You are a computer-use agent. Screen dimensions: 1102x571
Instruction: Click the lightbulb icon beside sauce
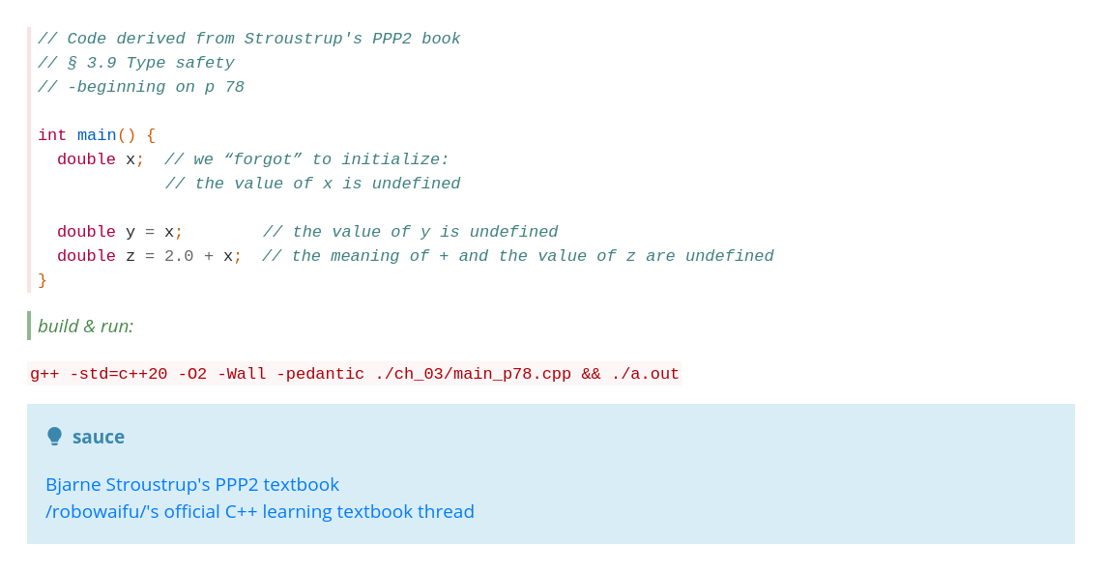click(54, 436)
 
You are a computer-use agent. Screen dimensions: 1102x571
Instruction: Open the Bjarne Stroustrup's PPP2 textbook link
click(191, 485)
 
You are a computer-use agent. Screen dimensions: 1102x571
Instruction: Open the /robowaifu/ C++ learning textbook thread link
click(259, 511)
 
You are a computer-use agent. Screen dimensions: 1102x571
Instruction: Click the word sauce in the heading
click(99, 437)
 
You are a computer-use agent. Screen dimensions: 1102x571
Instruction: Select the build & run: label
click(85, 326)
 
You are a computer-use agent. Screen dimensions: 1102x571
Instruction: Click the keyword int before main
click(52, 135)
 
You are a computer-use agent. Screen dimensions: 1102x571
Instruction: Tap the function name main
click(97, 135)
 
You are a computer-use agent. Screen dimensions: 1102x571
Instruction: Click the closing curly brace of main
click(43, 280)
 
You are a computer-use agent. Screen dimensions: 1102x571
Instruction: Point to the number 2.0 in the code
click(179, 256)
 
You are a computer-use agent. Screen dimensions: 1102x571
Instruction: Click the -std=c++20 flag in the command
click(118, 374)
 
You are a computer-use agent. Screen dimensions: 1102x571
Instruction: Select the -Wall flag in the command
click(242, 374)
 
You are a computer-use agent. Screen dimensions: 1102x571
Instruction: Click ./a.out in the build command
click(645, 374)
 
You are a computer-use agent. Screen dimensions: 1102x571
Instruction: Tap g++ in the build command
click(44, 374)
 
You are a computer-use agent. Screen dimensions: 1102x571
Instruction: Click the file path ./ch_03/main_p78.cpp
click(473, 374)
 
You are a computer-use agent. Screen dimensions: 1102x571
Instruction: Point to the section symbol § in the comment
click(72, 63)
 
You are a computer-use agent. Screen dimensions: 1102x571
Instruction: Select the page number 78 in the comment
click(235, 87)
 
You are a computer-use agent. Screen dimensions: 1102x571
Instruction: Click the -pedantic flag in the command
click(321, 374)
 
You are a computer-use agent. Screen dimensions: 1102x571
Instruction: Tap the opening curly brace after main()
click(151, 135)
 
